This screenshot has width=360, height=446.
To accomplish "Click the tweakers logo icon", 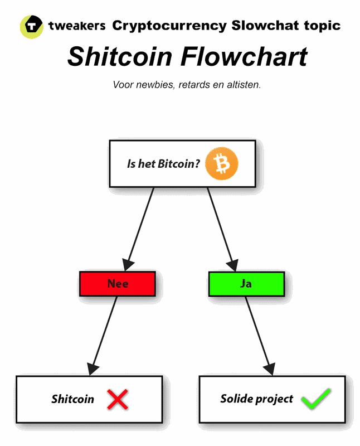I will [31, 26].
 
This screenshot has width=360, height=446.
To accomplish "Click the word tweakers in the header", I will [77, 26].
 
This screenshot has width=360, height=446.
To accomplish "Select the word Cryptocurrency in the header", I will [169, 26].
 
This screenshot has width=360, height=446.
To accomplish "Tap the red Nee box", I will [117, 284].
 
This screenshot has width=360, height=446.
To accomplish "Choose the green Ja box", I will [246, 284].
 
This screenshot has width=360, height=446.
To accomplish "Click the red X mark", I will [118, 399].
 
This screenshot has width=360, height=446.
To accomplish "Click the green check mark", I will [315, 399].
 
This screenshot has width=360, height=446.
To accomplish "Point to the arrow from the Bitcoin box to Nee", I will [141, 226].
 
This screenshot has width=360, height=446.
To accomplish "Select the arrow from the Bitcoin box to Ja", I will [220, 226].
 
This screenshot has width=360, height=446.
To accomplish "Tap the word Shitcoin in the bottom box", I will [72, 399].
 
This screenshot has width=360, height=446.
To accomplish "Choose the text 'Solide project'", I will [256, 399].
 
